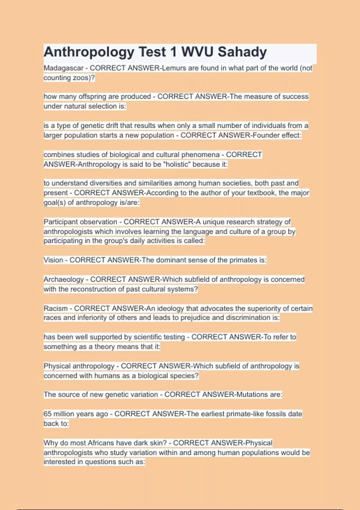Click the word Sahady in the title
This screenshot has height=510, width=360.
242,52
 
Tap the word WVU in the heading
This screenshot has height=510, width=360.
197,52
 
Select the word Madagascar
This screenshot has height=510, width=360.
63,68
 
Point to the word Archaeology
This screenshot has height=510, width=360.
64,280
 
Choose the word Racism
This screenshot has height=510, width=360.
55,308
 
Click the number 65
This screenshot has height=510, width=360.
48,414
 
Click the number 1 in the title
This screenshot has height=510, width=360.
173,52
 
